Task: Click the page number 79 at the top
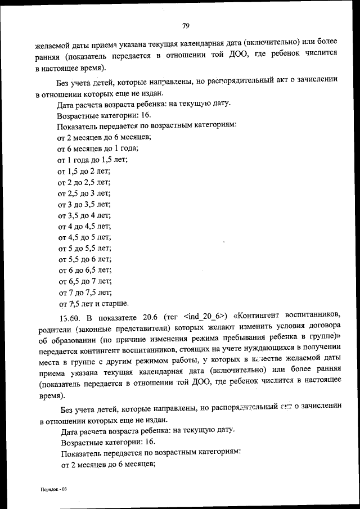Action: pos(186,25)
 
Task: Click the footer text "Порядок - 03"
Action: pos(53,489)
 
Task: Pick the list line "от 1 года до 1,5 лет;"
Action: pos(92,159)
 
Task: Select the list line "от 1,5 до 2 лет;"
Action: pos(84,170)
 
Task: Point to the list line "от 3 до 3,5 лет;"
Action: pos(84,204)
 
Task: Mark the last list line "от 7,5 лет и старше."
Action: pos(93,303)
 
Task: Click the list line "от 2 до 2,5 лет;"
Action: pos(84,182)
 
